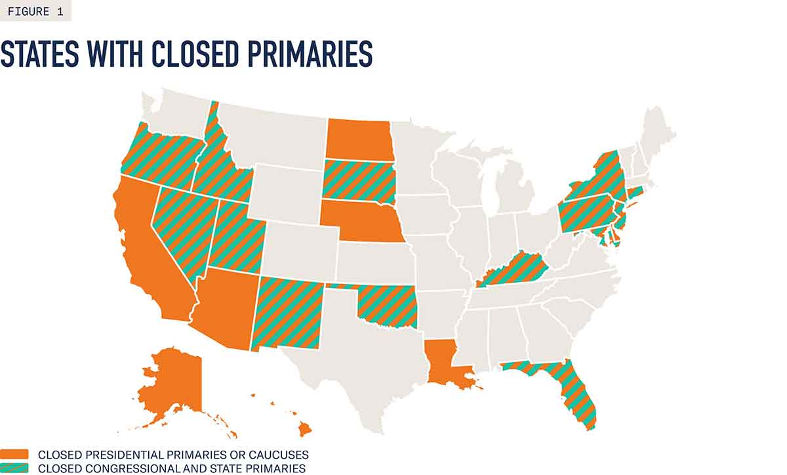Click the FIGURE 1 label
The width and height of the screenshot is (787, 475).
tap(35, 10)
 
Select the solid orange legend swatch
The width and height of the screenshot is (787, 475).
tap(14, 454)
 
